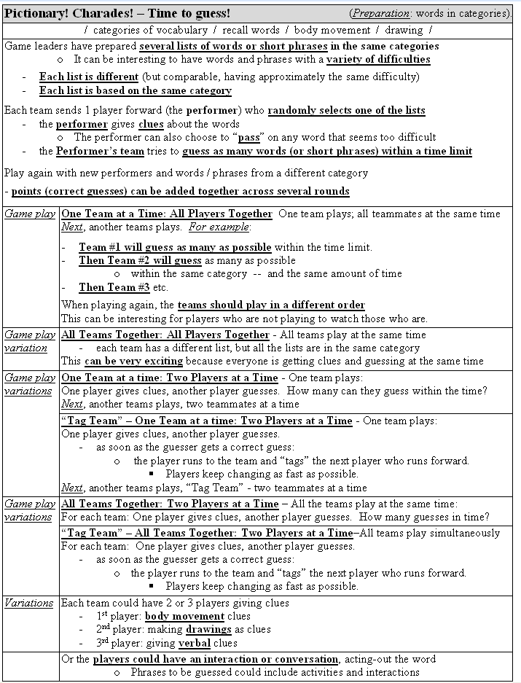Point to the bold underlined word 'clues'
click(x=151, y=124)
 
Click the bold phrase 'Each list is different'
click(x=88, y=77)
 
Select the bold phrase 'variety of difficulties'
click(x=377, y=59)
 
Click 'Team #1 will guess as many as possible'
click(x=175, y=247)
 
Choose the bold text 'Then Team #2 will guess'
click(x=140, y=260)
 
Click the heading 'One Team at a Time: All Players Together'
click(x=167, y=214)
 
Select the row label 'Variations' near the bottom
click(x=29, y=603)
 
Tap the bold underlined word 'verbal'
click(x=195, y=643)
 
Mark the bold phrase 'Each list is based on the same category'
click(x=135, y=91)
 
